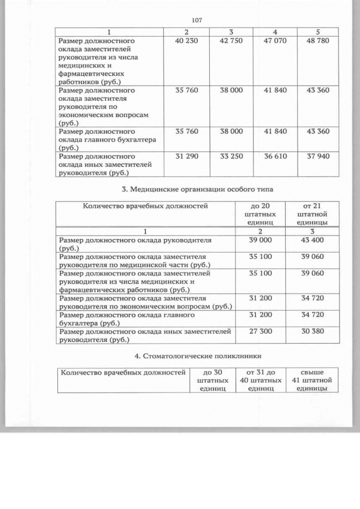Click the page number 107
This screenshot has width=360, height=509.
(196, 20)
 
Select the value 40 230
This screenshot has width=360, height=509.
(186, 41)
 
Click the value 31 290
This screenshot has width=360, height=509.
(186, 156)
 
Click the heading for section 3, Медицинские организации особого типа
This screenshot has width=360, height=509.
(196, 189)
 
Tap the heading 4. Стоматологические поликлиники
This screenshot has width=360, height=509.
(196, 356)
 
